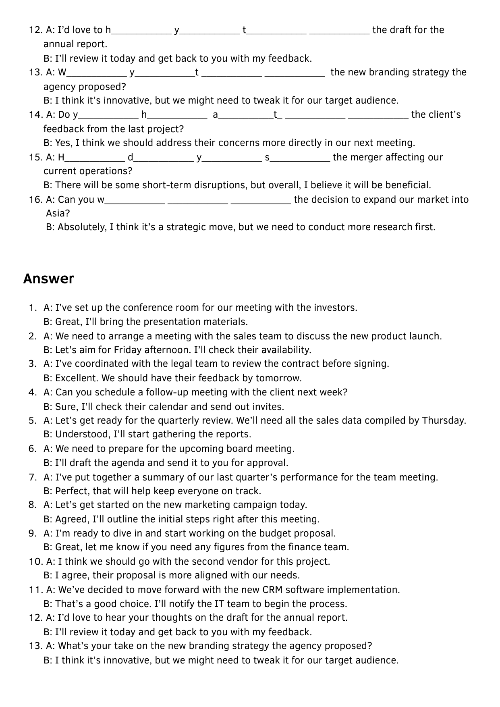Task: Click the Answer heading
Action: (x=48, y=279)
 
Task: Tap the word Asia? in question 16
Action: (x=58, y=213)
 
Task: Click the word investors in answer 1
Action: (x=337, y=308)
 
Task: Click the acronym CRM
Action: (x=272, y=590)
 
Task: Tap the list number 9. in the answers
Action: (x=33, y=533)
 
